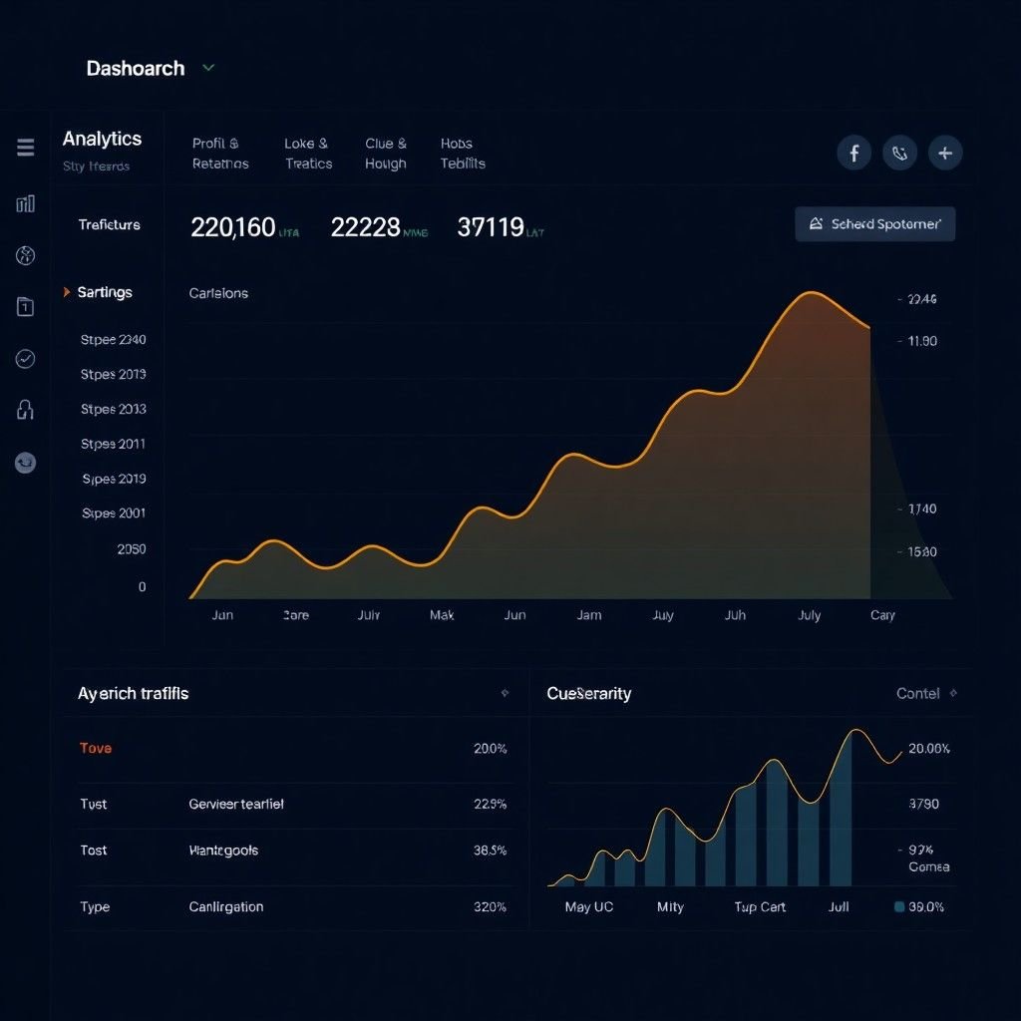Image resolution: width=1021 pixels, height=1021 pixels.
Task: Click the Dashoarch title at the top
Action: [x=136, y=69]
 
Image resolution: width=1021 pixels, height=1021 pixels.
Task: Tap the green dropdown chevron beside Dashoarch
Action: [x=208, y=68]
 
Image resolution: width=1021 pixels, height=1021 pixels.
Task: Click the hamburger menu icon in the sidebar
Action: [x=26, y=148]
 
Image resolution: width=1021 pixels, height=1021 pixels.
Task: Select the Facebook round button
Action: [x=853, y=153]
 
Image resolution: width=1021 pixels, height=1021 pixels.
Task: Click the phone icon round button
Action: [x=899, y=153]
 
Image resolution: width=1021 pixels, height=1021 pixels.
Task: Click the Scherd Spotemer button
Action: [x=874, y=224]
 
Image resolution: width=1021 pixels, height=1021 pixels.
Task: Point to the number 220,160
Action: [x=232, y=228]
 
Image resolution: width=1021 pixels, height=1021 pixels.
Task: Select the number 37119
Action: [x=490, y=228]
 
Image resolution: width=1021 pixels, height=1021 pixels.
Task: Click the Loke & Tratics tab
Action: [x=307, y=154]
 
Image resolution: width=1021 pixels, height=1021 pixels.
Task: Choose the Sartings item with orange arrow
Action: [x=104, y=292]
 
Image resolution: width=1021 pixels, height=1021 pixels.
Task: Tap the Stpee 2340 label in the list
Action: [x=113, y=340]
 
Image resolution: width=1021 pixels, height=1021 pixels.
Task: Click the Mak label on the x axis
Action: [x=442, y=615]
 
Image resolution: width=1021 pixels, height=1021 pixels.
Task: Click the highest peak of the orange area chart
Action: [x=811, y=293]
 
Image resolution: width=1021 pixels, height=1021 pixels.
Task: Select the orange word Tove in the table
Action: [x=96, y=749]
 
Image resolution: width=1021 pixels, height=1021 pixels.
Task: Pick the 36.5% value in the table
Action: [x=490, y=851]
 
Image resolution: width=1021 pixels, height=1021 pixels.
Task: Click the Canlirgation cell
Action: [x=226, y=907]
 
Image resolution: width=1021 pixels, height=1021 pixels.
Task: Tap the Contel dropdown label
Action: [x=918, y=694]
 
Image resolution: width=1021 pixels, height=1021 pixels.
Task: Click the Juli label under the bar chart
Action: [x=839, y=907]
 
